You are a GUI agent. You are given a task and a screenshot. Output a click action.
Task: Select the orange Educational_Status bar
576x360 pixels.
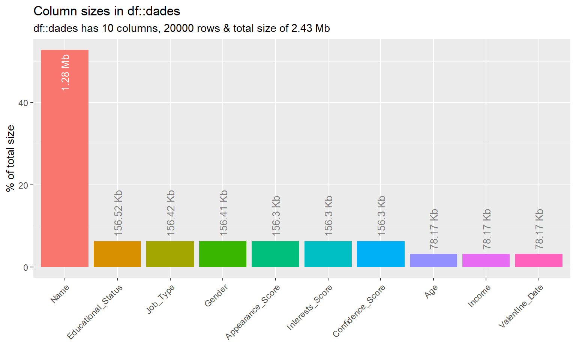pos(117,254)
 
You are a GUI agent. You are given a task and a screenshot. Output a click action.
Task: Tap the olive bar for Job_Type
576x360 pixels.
pos(170,254)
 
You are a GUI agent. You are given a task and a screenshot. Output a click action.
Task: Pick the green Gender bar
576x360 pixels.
pos(223,254)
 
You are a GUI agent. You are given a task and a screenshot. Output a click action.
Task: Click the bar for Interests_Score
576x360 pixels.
pos(328,254)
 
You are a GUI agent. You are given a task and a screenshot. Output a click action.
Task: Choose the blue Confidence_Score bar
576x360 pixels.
pos(381,254)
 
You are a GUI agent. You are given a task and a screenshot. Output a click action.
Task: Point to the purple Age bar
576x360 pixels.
pos(433,260)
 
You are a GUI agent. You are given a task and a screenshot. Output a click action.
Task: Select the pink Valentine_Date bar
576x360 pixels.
pos(539,260)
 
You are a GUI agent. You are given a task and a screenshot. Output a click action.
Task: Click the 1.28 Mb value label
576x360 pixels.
pos(66,72)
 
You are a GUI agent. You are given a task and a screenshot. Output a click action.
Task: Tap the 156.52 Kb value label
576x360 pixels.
pos(118,213)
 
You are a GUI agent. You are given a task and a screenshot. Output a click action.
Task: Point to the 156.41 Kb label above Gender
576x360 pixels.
pos(223,213)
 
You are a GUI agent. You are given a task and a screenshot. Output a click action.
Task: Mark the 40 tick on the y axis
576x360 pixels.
pos(23,103)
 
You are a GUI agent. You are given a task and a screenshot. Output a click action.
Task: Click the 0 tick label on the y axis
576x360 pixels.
pos(26,267)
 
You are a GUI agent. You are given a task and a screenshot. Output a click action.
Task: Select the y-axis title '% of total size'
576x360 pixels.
pos(10,158)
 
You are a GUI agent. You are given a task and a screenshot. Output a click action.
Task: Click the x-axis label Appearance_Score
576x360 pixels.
pos(253,312)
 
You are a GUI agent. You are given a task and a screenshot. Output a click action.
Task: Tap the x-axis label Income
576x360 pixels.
pos(480,296)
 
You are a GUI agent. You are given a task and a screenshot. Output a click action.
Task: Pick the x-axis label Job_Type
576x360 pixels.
pos(161,299)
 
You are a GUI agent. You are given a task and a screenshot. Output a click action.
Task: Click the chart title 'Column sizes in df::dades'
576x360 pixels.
pos(107,11)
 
